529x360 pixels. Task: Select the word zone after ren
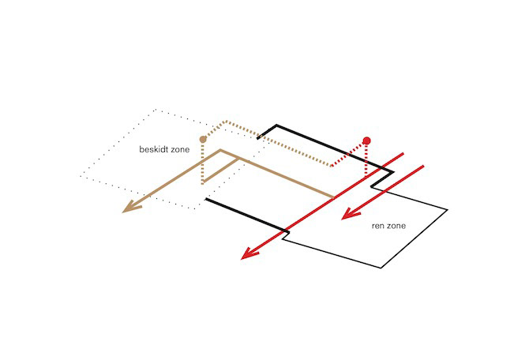point(397,226)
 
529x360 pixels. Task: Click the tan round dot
point(204,139)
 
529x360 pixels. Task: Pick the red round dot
point(366,141)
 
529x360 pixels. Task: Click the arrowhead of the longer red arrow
point(249,254)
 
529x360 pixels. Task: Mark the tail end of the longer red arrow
point(404,152)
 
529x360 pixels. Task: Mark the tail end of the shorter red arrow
point(424,166)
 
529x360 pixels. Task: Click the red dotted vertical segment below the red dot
point(366,158)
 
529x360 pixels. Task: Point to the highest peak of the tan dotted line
point(227,122)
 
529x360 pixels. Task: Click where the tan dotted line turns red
point(332,166)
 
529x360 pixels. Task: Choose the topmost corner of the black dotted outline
point(156,108)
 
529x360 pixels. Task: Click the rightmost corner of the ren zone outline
point(448,211)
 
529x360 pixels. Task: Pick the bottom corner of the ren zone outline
point(383,266)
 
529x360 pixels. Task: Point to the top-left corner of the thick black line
point(276,125)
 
